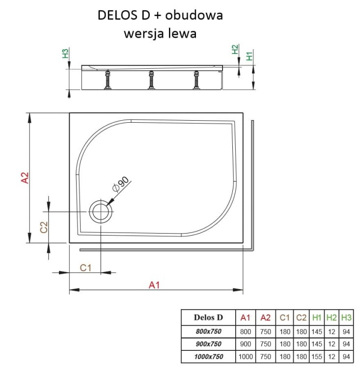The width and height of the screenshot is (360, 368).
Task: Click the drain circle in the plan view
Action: click(x=101, y=212)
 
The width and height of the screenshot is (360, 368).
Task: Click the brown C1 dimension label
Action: click(x=86, y=267)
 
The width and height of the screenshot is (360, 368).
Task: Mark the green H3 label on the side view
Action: click(x=66, y=53)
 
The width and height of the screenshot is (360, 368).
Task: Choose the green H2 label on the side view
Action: click(x=235, y=49)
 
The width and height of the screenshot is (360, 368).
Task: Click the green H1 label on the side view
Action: click(x=249, y=55)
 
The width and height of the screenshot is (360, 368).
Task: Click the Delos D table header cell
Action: click(x=208, y=317)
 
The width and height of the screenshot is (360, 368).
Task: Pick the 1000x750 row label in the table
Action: click(x=208, y=356)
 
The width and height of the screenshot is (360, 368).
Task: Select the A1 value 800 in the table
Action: click(x=245, y=330)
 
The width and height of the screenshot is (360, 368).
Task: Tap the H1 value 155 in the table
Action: click(x=317, y=356)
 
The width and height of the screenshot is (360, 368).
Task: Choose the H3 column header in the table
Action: click(x=346, y=317)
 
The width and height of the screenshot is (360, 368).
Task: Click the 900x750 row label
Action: click(x=208, y=343)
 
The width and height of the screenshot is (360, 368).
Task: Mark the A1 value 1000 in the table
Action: click(x=245, y=356)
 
